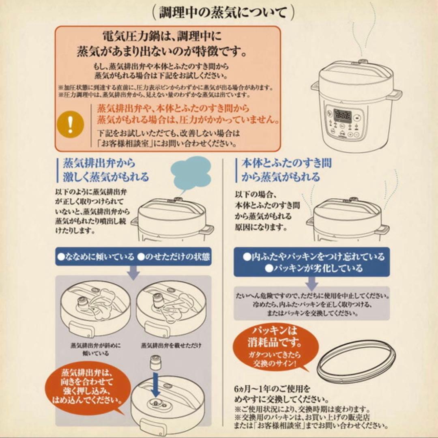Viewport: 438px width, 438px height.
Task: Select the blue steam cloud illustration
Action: click(191, 173)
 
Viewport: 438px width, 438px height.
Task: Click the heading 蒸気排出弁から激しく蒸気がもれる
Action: click(105, 170)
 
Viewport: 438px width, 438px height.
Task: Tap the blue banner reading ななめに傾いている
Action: click(95, 257)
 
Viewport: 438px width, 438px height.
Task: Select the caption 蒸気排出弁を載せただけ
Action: click(171, 346)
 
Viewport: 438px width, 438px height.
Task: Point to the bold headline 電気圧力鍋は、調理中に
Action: click(162, 37)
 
